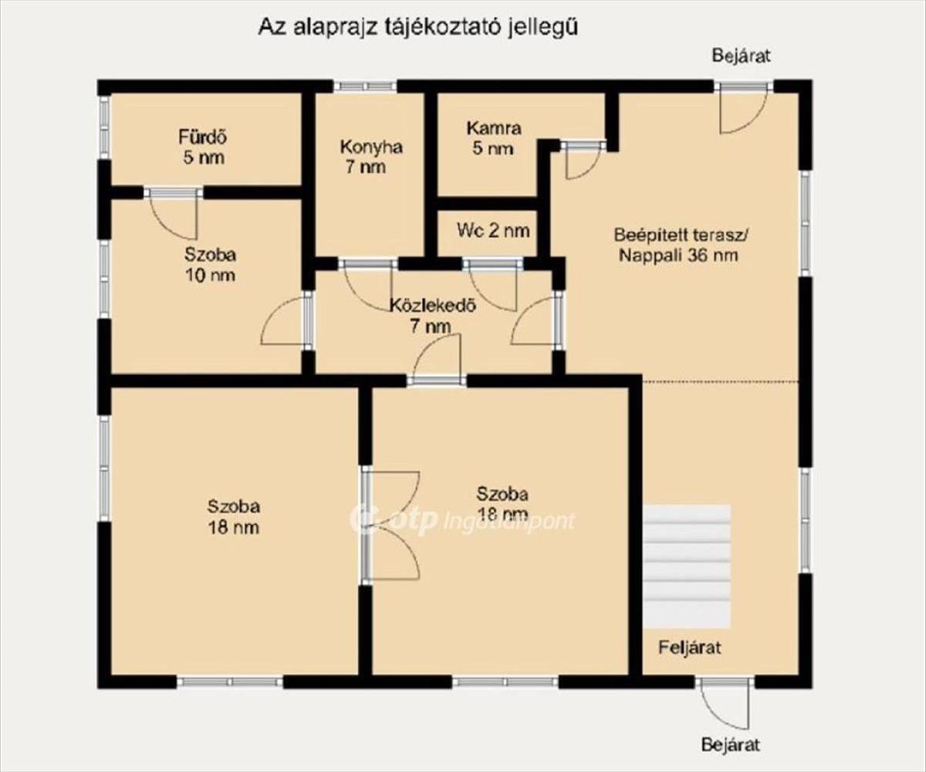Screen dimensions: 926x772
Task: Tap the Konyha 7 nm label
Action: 370,157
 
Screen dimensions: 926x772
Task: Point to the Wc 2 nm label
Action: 493,231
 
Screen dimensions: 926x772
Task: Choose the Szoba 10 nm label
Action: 210,265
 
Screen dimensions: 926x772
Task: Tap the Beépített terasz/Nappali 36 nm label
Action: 681,245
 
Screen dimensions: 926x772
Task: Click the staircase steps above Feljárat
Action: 687,566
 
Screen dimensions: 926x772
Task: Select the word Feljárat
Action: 689,648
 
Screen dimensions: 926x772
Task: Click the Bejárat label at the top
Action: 741,56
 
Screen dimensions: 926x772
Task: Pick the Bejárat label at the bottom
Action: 731,744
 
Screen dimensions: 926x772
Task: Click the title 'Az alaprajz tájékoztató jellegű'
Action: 418,27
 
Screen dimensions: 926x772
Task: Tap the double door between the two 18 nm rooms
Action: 390,525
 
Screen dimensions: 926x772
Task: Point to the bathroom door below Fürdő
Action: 174,215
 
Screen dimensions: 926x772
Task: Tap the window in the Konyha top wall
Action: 365,86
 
